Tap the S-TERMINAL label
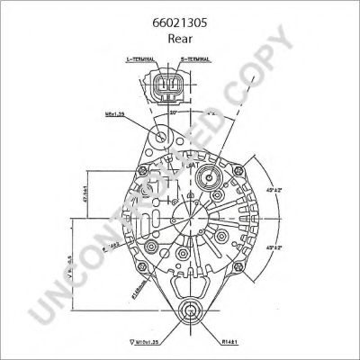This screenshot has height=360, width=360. tap(195, 58)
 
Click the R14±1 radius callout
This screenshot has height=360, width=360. tap(237, 343)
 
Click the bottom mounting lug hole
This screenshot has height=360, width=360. tap(189, 312)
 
